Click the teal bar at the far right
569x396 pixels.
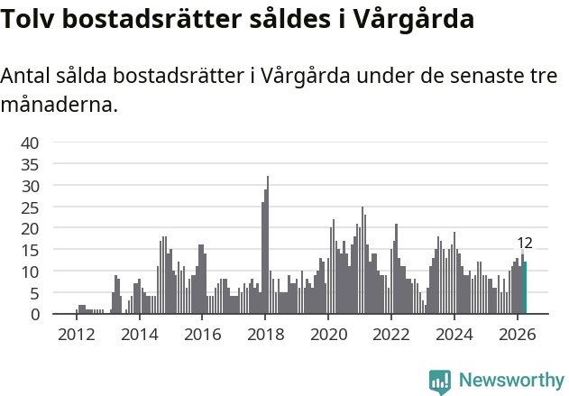point(525,288)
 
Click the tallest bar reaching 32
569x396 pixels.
point(268,244)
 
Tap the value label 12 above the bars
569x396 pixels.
point(525,244)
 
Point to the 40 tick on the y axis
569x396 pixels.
point(30,143)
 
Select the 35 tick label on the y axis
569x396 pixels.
point(30,165)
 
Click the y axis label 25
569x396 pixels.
point(30,208)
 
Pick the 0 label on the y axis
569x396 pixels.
point(35,315)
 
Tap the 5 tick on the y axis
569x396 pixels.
point(35,293)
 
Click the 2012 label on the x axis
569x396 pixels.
point(77,335)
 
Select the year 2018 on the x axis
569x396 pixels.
point(266,335)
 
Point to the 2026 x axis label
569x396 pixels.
point(518,335)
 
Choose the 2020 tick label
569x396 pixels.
point(329,335)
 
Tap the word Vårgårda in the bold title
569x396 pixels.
point(413,20)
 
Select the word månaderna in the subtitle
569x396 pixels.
point(60,106)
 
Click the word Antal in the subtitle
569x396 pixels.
point(25,76)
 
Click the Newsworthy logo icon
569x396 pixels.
point(440,382)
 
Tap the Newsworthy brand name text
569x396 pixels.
point(511,380)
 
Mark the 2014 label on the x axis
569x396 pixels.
point(140,335)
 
